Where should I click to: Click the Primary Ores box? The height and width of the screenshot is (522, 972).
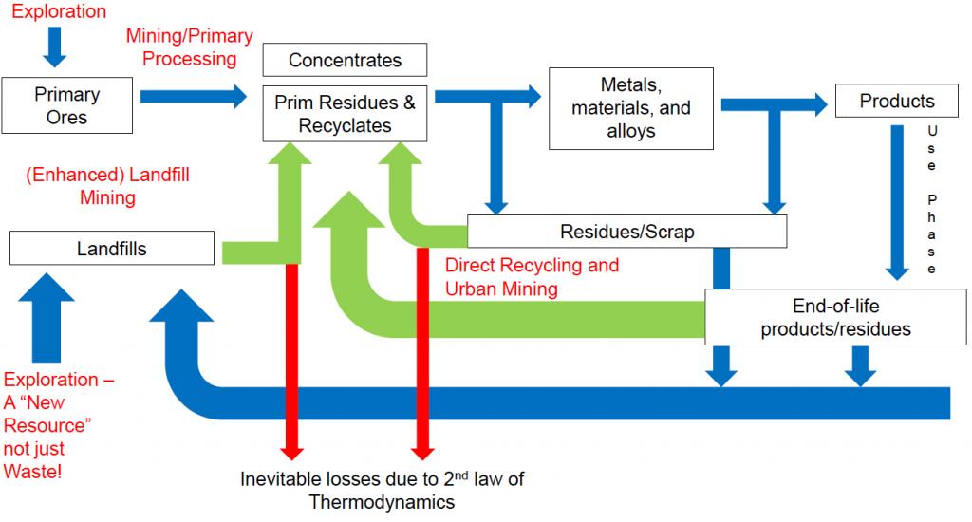pos(66,105)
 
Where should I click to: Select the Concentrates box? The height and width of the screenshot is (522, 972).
pos(345,60)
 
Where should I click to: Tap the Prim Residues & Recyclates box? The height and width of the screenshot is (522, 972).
pos(345,113)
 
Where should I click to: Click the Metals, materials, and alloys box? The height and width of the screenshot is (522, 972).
pos(630,107)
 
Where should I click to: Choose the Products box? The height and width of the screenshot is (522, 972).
pos(896,101)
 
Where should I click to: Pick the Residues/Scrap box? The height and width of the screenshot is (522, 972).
pos(626,231)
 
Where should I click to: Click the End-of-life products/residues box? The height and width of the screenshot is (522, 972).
pos(836,317)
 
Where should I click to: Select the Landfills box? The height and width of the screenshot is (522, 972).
pos(111,249)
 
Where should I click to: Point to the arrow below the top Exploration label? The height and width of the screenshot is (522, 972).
pos(55,47)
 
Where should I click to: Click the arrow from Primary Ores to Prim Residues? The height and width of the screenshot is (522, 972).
pos(191,96)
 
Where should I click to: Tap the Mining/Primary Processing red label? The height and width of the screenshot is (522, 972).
pos(190,47)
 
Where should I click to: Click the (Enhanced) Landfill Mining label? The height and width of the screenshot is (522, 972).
pos(81,187)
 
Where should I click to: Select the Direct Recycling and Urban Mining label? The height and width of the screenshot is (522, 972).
pos(532,276)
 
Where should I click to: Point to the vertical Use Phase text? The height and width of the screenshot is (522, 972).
pos(932,198)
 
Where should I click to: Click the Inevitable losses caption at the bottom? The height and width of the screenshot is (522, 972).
pos(382,490)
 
